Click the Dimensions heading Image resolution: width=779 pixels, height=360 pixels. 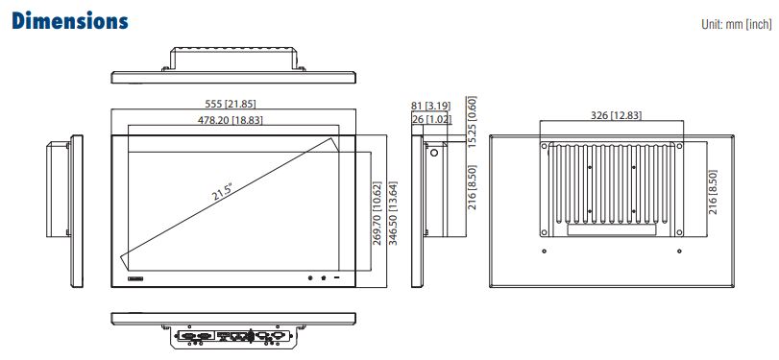pyautogui.click(x=70, y=21)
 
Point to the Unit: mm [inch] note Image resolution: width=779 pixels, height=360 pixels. pyautogui.click(x=737, y=24)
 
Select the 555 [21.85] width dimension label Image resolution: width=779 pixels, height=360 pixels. pyautogui.click(x=230, y=104)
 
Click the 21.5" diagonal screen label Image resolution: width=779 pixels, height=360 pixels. pyautogui.click(x=223, y=192)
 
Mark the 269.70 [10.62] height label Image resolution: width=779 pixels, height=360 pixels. pyautogui.click(x=377, y=213)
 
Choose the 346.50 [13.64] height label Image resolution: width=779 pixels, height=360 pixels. pyautogui.click(x=393, y=213)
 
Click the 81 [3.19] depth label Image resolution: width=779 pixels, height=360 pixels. pyautogui.click(x=430, y=105)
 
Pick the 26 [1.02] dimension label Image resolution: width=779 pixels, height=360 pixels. pyautogui.click(x=430, y=119)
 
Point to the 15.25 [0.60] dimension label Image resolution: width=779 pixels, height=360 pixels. pyautogui.click(x=472, y=122)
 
